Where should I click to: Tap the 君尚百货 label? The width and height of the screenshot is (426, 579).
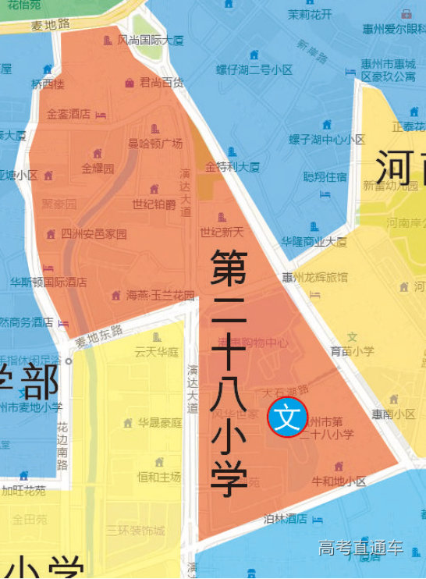coord(162,82)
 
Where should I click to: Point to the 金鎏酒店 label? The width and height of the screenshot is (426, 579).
coord(69,114)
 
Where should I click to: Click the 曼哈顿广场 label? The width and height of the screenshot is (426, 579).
coord(155,144)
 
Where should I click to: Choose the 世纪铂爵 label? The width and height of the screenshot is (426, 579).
coord(154,204)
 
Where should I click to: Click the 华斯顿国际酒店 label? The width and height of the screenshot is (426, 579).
coord(48,282)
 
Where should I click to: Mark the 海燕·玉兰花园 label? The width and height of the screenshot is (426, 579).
coord(160,296)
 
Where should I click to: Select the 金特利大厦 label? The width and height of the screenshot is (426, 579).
coord(232,167)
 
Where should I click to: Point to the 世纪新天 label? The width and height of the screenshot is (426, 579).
coord(222,232)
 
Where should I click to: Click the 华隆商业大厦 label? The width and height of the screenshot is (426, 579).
coord(314,241)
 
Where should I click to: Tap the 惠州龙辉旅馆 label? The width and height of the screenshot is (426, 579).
coord(315,276)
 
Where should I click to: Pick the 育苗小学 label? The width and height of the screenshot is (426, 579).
coord(352,351)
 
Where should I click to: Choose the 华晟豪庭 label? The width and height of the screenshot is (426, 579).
coord(160,423)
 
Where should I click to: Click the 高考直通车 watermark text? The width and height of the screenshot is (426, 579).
coord(360,549)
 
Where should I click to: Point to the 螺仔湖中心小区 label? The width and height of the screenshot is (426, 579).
coord(327,140)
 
